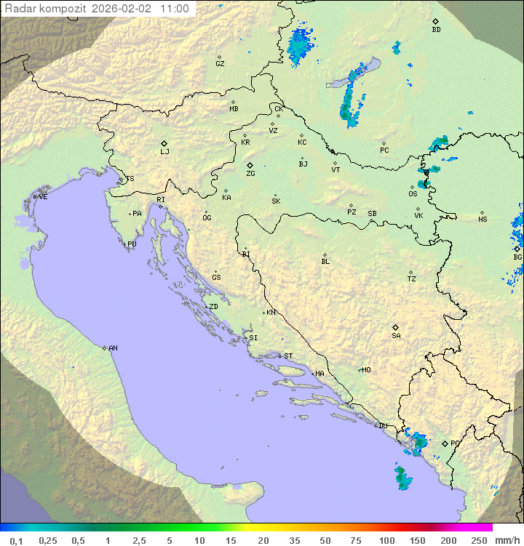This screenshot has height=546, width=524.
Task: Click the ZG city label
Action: [250, 174]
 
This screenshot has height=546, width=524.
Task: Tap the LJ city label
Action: [164, 152]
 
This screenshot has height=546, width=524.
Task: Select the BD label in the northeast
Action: [436, 30]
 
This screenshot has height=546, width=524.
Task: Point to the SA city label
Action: [396, 336]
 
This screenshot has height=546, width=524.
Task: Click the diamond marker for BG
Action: [517, 249]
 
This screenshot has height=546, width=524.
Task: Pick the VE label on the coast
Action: [43, 197]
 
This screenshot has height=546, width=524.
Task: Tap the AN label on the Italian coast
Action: [113, 348]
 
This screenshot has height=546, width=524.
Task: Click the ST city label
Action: [288, 356]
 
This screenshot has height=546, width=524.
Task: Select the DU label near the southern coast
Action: [383, 426]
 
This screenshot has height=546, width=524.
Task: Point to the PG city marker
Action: [445, 443]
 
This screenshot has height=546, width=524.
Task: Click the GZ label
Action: [220, 64]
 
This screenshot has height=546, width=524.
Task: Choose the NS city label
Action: [483, 220]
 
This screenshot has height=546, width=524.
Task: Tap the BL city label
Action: [325, 261]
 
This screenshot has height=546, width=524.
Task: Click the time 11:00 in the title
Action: [175, 9]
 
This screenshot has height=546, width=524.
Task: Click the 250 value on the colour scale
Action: [479, 540]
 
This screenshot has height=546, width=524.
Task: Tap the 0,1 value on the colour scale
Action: [16, 540]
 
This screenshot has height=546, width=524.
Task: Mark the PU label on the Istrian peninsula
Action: [132, 244]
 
